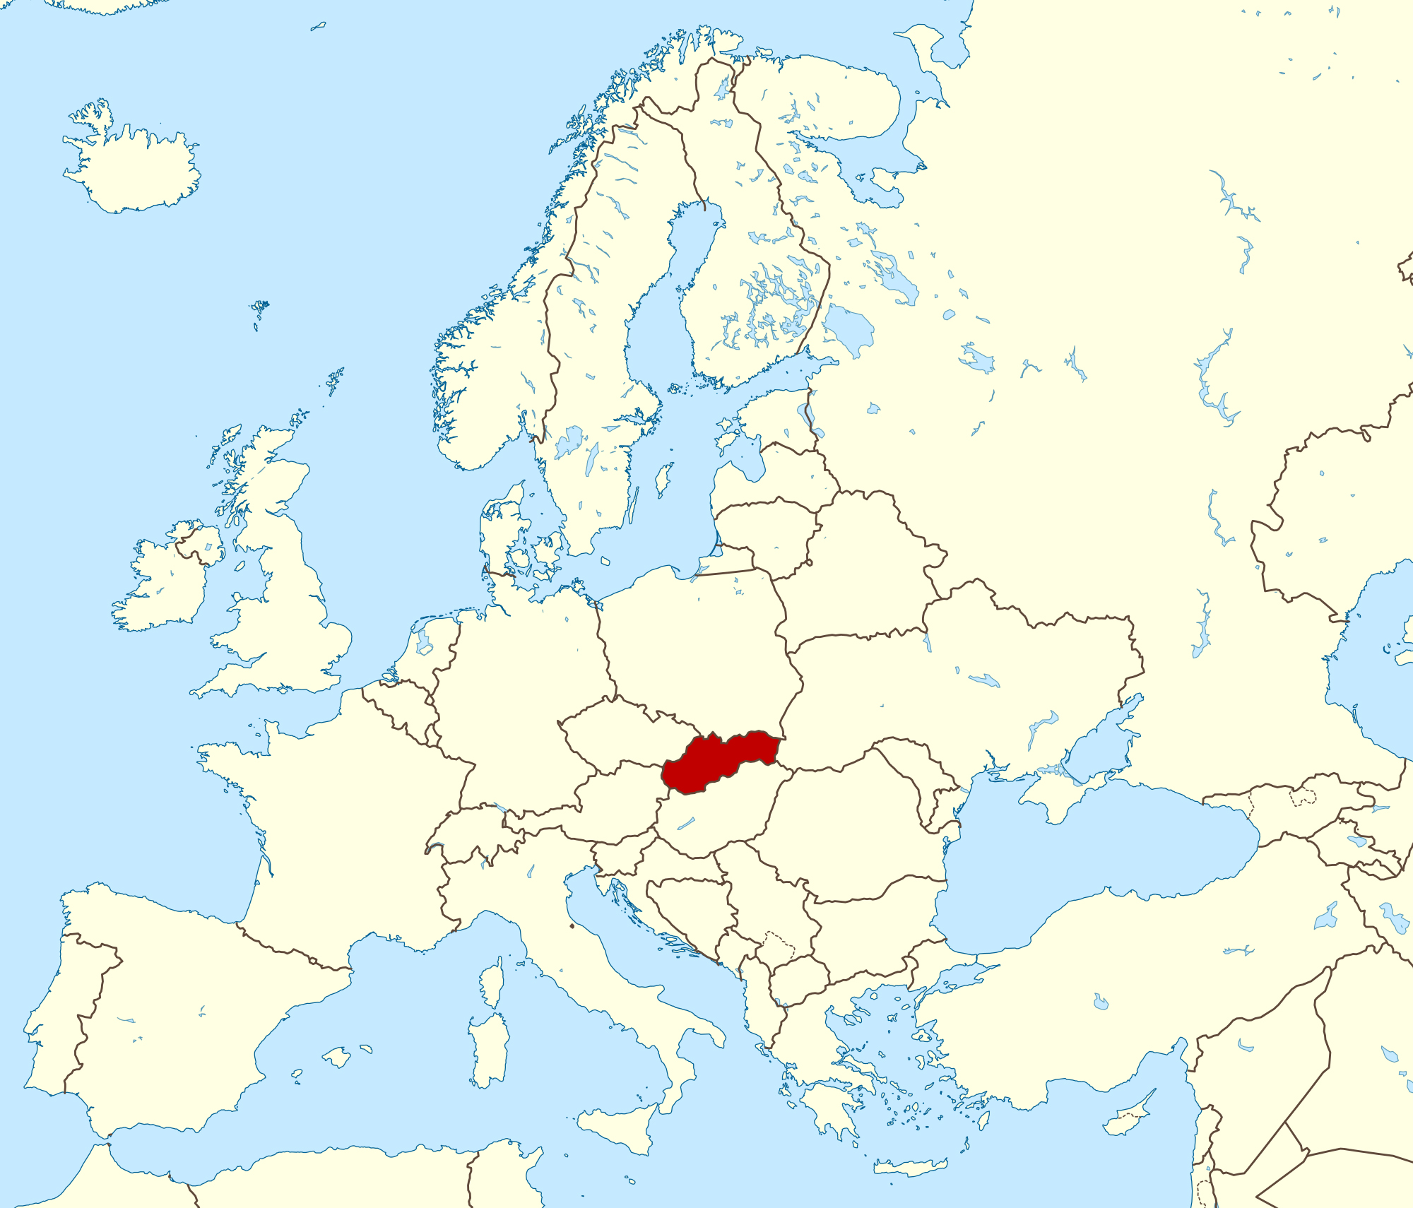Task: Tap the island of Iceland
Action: [x=134, y=170]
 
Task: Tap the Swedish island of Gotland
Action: [x=663, y=480]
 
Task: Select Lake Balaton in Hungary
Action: [x=686, y=823]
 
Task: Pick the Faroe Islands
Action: [x=260, y=309]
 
